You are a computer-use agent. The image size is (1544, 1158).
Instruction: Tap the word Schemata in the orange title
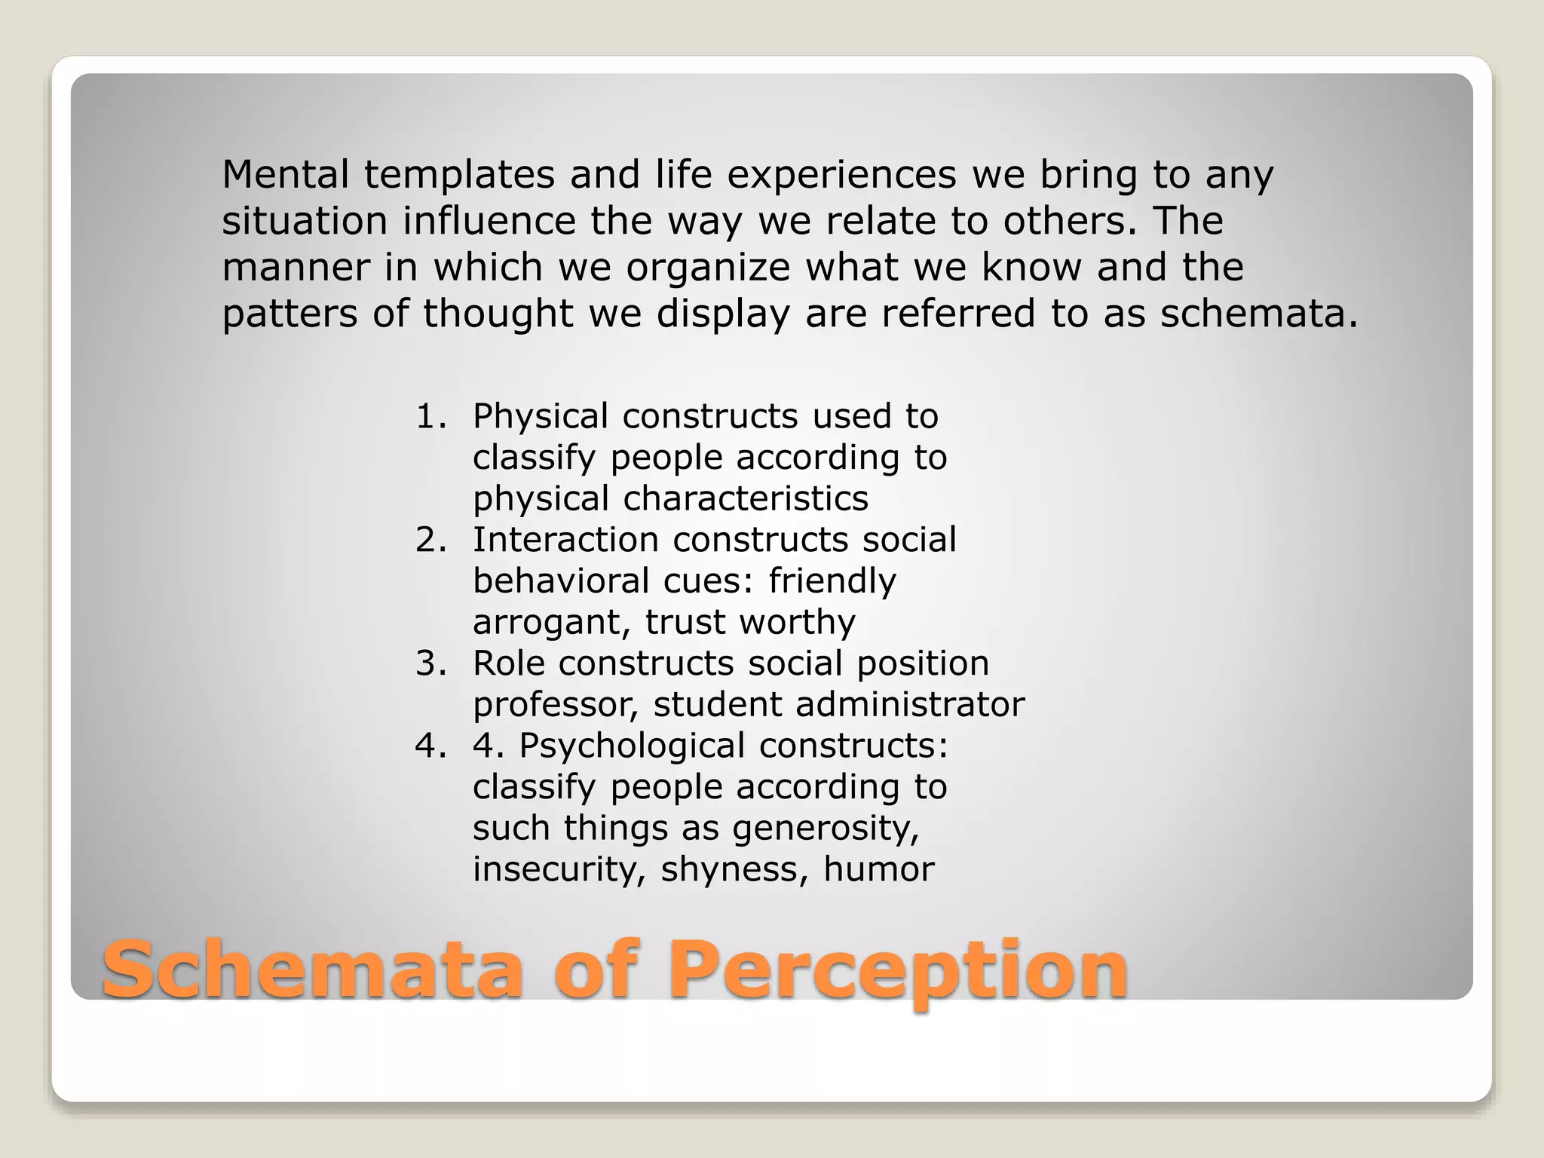(x=312, y=970)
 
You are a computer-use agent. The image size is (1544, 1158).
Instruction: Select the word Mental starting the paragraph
(x=286, y=175)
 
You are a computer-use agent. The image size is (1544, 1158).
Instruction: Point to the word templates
(x=459, y=175)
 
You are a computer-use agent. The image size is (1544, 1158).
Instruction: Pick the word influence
(x=488, y=221)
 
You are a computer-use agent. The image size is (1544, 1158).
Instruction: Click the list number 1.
(x=430, y=416)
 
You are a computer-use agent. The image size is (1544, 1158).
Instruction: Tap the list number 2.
(x=430, y=540)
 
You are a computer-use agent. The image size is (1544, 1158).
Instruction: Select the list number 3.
(x=430, y=663)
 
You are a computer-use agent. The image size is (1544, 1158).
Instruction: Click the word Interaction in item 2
(x=565, y=540)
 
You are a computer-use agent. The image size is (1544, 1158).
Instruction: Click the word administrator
(x=909, y=704)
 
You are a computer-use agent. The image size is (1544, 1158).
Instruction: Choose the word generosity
(x=826, y=828)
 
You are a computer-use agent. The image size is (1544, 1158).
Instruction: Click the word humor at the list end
(x=878, y=869)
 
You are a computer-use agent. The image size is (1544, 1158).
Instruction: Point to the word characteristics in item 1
(x=746, y=498)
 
